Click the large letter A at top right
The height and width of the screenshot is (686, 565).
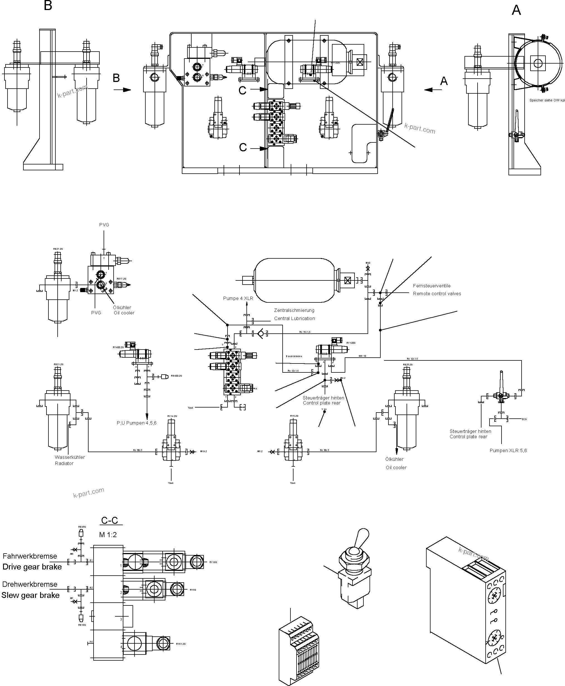point(516,10)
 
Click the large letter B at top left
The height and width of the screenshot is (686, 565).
point(48,6)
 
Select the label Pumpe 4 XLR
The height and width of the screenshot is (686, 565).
point(238,298)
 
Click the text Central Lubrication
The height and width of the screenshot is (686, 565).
point(294,318)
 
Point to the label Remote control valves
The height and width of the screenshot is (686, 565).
point(437,294)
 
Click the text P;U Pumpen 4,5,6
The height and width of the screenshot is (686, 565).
point(137,423)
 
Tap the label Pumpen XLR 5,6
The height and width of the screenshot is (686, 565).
point(508,450)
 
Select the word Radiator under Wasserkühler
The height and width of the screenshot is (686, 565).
point(64,463)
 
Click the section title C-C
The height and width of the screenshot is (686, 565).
point(109,520)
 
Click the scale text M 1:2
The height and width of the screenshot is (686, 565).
point(108,535)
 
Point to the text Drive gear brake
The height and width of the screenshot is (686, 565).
point(32,567)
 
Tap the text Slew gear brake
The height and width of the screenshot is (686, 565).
point(31,595)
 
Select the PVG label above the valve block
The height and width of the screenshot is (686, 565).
point(104,225)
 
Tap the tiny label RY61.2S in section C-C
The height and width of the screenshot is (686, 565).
point(181,644)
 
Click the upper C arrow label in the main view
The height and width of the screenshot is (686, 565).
point(243,90)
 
